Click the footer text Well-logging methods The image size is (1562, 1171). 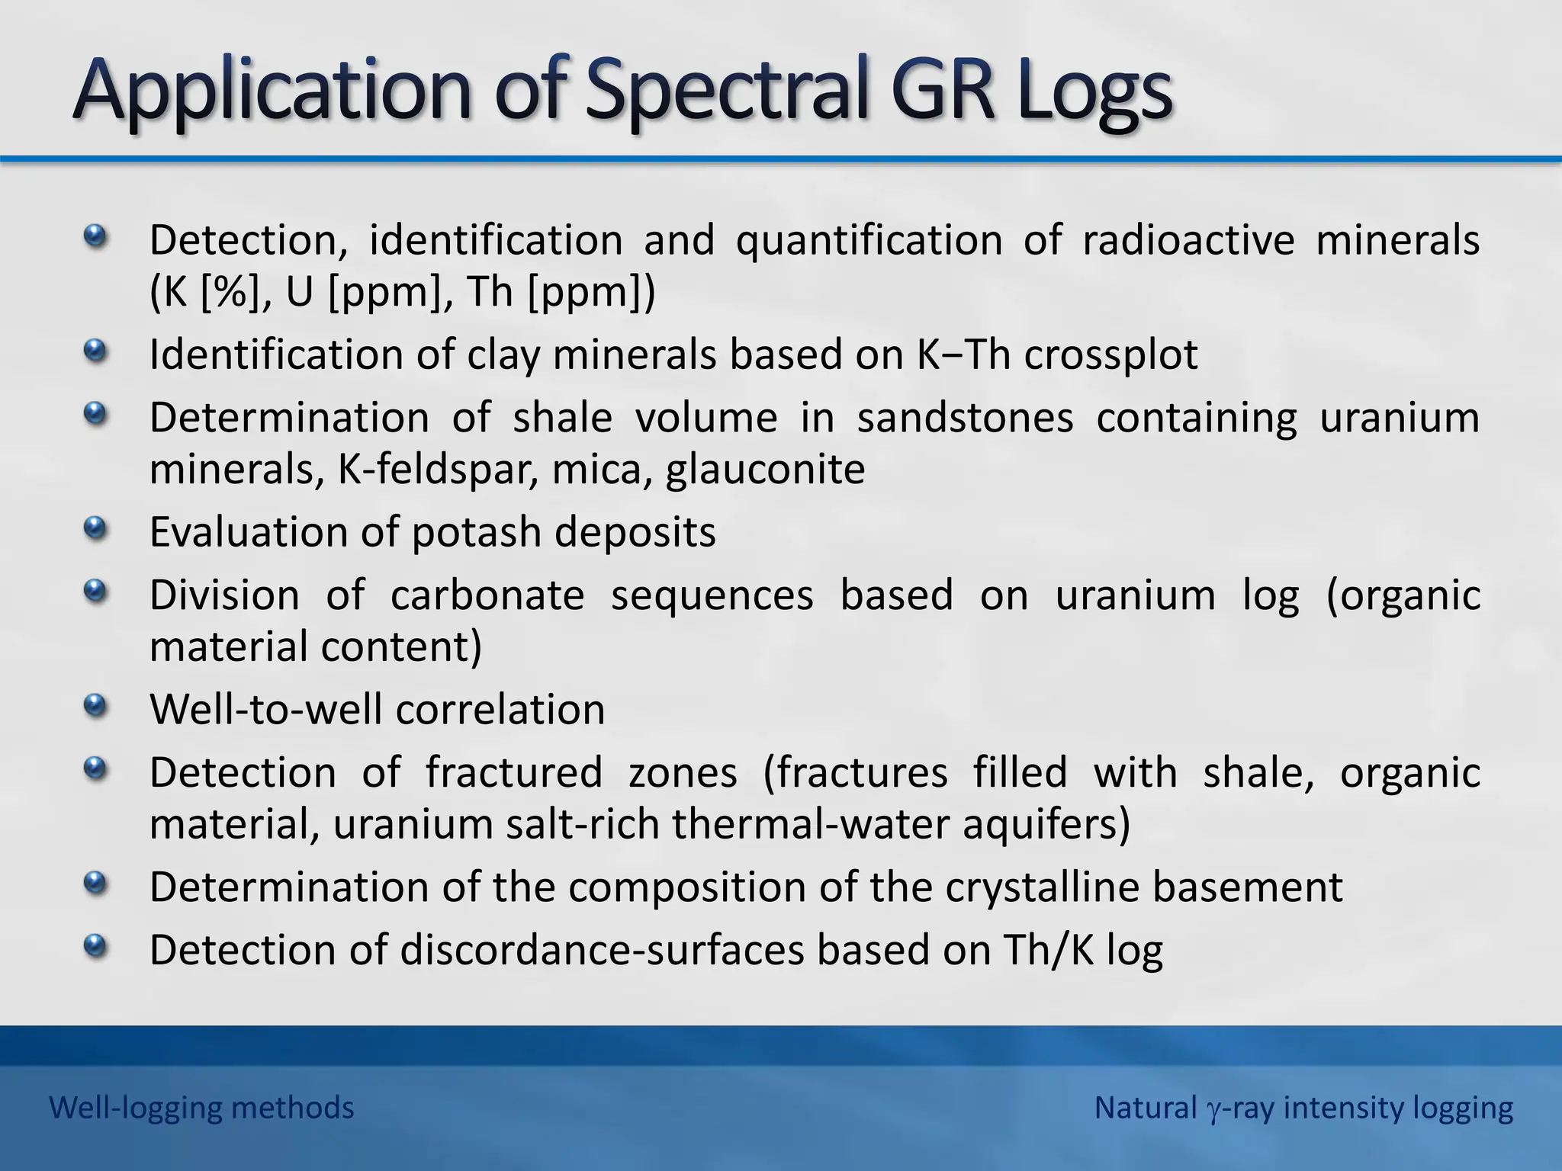[201, 1108]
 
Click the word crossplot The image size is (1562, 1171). [1110, 355]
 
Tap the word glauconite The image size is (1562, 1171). [765, 470]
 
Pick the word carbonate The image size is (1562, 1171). [487, 595]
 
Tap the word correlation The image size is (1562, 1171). [500, 709]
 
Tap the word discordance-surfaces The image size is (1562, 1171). [602, 951]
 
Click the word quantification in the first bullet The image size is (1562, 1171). [869, 240]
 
